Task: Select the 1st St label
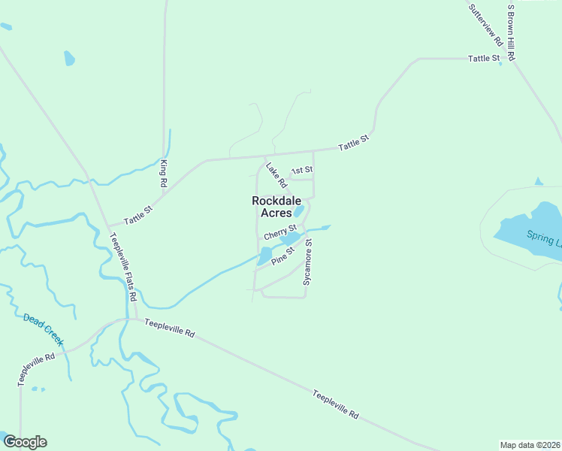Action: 302,171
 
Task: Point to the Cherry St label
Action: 280,232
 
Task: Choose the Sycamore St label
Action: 307,262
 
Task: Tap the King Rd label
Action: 162,173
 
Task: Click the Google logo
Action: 25,442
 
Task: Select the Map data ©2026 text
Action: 530,444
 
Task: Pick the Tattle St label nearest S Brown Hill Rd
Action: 484,58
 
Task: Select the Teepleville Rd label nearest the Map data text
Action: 336,404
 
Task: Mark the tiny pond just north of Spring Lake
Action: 538,182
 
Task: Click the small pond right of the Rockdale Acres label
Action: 298,212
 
